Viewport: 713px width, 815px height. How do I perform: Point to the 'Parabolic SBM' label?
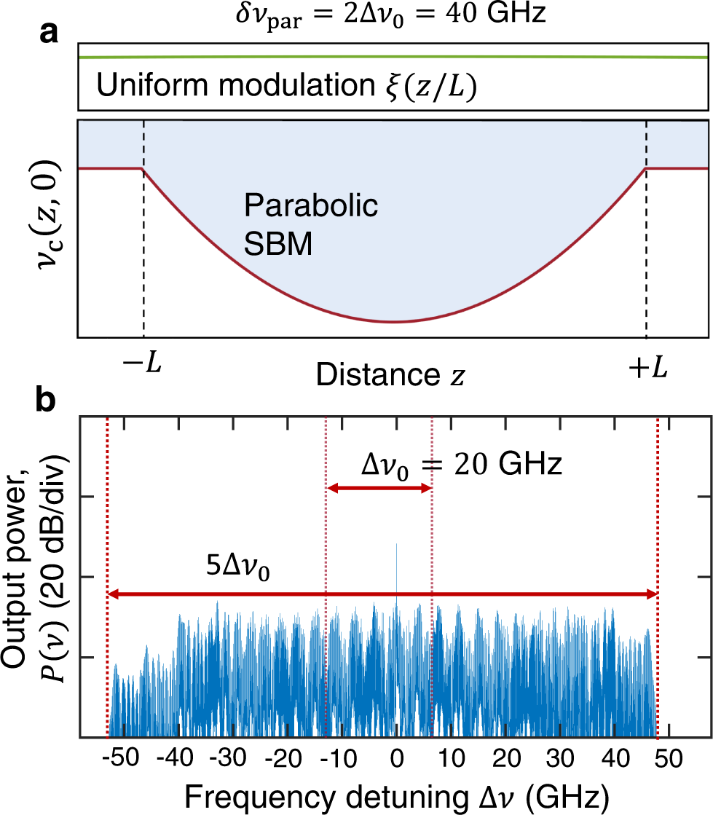click(311, 224)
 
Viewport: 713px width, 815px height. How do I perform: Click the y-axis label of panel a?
click(46, 227)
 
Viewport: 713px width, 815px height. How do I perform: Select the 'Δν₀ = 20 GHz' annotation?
click(461, 463)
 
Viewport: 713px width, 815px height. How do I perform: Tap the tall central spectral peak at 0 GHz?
click(396, 554)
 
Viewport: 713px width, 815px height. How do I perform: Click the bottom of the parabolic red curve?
click(394, 321)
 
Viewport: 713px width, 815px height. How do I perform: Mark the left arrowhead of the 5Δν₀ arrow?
click(113, 595)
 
